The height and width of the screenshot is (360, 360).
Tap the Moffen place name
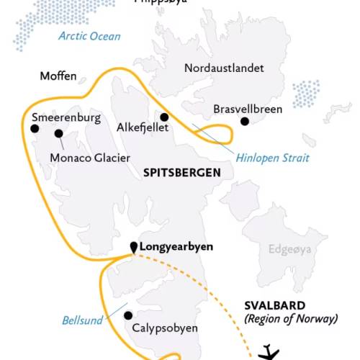(x=58, y=76)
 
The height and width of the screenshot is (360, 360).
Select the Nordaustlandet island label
(x=224, y=68)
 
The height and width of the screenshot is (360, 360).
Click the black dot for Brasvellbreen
(x=245, y=122)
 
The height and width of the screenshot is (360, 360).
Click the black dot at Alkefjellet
(x=164, y=117)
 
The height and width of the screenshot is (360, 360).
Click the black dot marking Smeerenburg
(x=34, y=129)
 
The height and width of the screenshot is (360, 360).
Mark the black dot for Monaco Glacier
(x=58, y=133)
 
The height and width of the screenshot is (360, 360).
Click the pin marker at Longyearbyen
(x=133, y=247)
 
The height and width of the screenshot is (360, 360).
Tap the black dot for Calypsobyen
(x=128, y=315)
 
